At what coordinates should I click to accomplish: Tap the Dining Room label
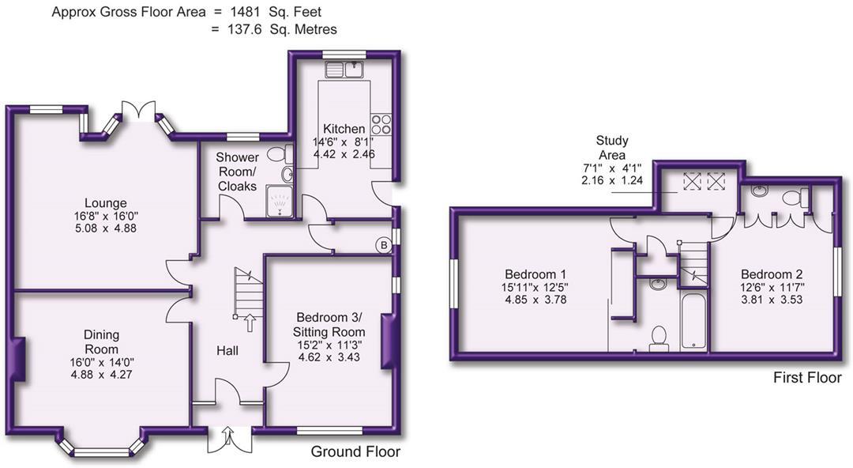[102, 343]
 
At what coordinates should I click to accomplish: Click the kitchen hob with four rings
[381, 125]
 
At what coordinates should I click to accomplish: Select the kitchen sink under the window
[348, 70]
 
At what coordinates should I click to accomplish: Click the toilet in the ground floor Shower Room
[278, 155]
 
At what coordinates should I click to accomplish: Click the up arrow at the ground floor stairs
[251, 322]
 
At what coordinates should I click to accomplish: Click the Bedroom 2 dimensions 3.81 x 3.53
[764, 300]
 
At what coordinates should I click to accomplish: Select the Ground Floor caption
[355, 452]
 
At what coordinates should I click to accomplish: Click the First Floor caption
[807, 378]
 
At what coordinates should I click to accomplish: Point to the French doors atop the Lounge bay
[140, 111]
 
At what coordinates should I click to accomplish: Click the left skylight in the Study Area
[692, 181]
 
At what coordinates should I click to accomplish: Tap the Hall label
[228, 350]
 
